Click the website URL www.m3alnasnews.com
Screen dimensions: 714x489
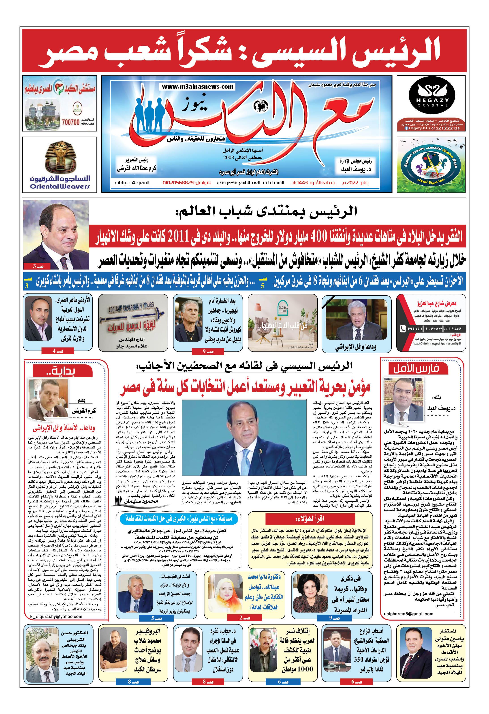pyautogui.click(x=198, y=87)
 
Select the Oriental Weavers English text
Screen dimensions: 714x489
pyautogui.click(x=60, y=187)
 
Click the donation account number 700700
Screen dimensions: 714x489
pyautogui.click(x=71, y=122)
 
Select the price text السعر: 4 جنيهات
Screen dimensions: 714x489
pyautogui.click(x=133, y=183)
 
